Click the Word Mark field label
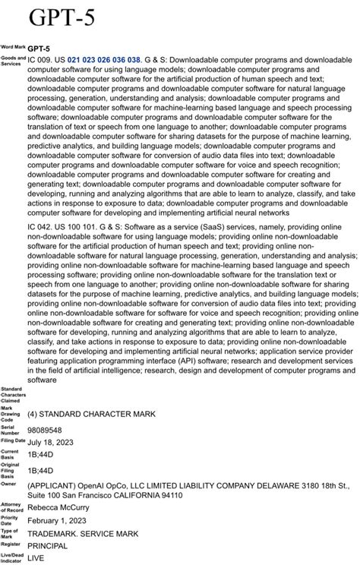point(13,48)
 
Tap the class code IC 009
point(39,58)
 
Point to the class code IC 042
point(39,229)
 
